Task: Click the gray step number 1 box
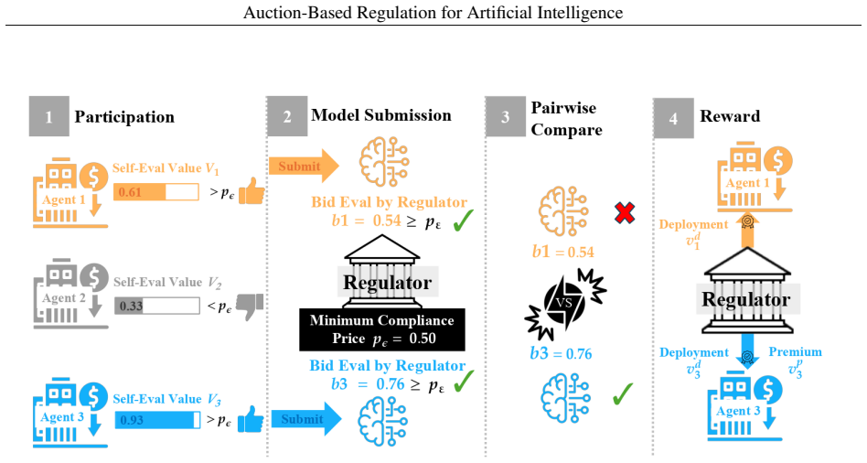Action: pos(49,116)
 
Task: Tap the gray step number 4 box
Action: pos(673,118)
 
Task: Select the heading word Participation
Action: pos(124,117)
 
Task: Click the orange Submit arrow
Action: pos(304,166)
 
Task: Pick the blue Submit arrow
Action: pos(305,419)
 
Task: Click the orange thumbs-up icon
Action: pos(252,191)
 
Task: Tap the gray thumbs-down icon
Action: pos(250,307)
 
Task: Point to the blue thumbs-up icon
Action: pos(251,419)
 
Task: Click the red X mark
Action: pos(625,212)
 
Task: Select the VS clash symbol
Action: pos(565,304)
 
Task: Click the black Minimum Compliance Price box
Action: pos(382,329)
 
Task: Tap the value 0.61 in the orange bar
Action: pos(130,192)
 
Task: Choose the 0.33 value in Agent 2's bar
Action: pos(131,306)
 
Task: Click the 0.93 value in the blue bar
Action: pos(132,420)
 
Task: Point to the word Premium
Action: pos(795,351)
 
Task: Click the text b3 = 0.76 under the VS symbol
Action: pos(561,353)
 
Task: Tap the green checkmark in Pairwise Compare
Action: pos(623,393)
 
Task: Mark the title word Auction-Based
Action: pos(297,12)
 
